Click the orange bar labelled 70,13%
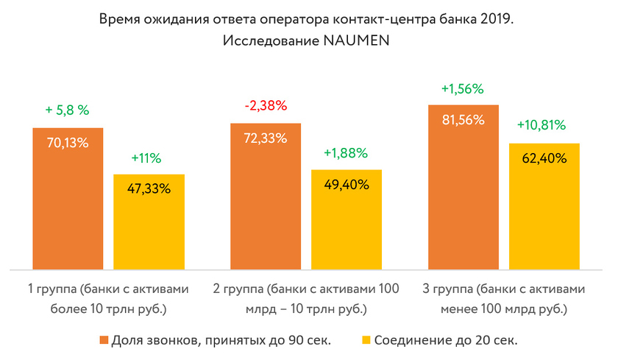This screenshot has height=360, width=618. (x=68, y=199)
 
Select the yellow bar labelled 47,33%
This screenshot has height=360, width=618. (x=149, y=222)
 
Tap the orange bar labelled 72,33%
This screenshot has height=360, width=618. (x=266, y=196)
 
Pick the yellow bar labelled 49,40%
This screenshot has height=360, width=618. (x=347, y=219)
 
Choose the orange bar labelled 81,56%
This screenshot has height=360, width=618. (x=464, y=187)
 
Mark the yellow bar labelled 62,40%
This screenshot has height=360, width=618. (x=544, y=206)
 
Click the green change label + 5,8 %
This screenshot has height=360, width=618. (x=67, y=110)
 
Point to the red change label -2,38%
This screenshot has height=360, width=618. (x=266, y=105)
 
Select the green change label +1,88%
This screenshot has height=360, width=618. (x=347, y=152)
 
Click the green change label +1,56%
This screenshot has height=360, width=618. (x=462, y=89)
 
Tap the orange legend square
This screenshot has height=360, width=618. (x=103, y=341)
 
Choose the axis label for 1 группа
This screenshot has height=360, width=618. (x=108, y=298)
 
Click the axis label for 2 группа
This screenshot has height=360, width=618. (x=306, y=298)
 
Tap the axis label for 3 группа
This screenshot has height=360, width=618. (x=504, y=298)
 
